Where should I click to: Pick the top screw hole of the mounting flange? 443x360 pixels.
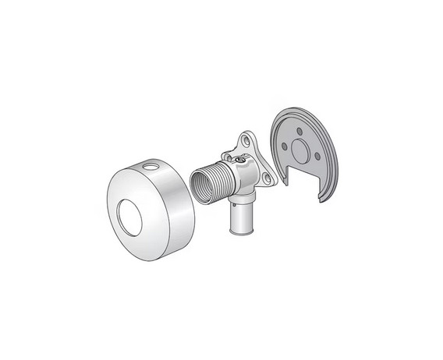tap(246, 142)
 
